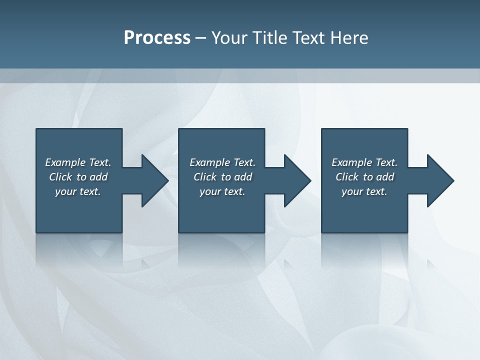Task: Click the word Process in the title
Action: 157,37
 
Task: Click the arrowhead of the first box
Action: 154,180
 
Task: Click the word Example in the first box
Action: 65,162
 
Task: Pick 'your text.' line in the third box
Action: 364,191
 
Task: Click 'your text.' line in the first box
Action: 78,191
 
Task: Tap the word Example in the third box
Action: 351,162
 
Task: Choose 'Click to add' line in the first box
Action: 78,177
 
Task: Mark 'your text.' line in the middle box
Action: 222,191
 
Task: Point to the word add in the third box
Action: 385,177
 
